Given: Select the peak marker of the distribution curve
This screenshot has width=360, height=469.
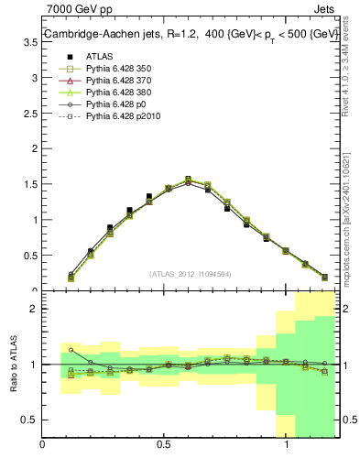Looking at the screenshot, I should click(x=188, y=180).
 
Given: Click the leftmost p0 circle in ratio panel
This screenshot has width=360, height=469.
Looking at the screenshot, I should click(x=71, y=349).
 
